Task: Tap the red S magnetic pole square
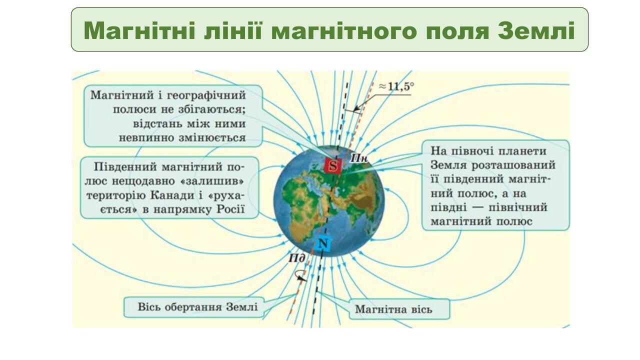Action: (x=333, y=166)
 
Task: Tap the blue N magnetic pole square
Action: (x=323, y=243)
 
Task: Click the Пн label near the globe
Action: (x=358, y=157)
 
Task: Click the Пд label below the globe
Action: (x=296, y=258)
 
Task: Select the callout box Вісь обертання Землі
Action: (x=197, y=306)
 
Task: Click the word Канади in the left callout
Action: (x=197, y=195)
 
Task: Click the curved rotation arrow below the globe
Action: (x=300, y=275)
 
